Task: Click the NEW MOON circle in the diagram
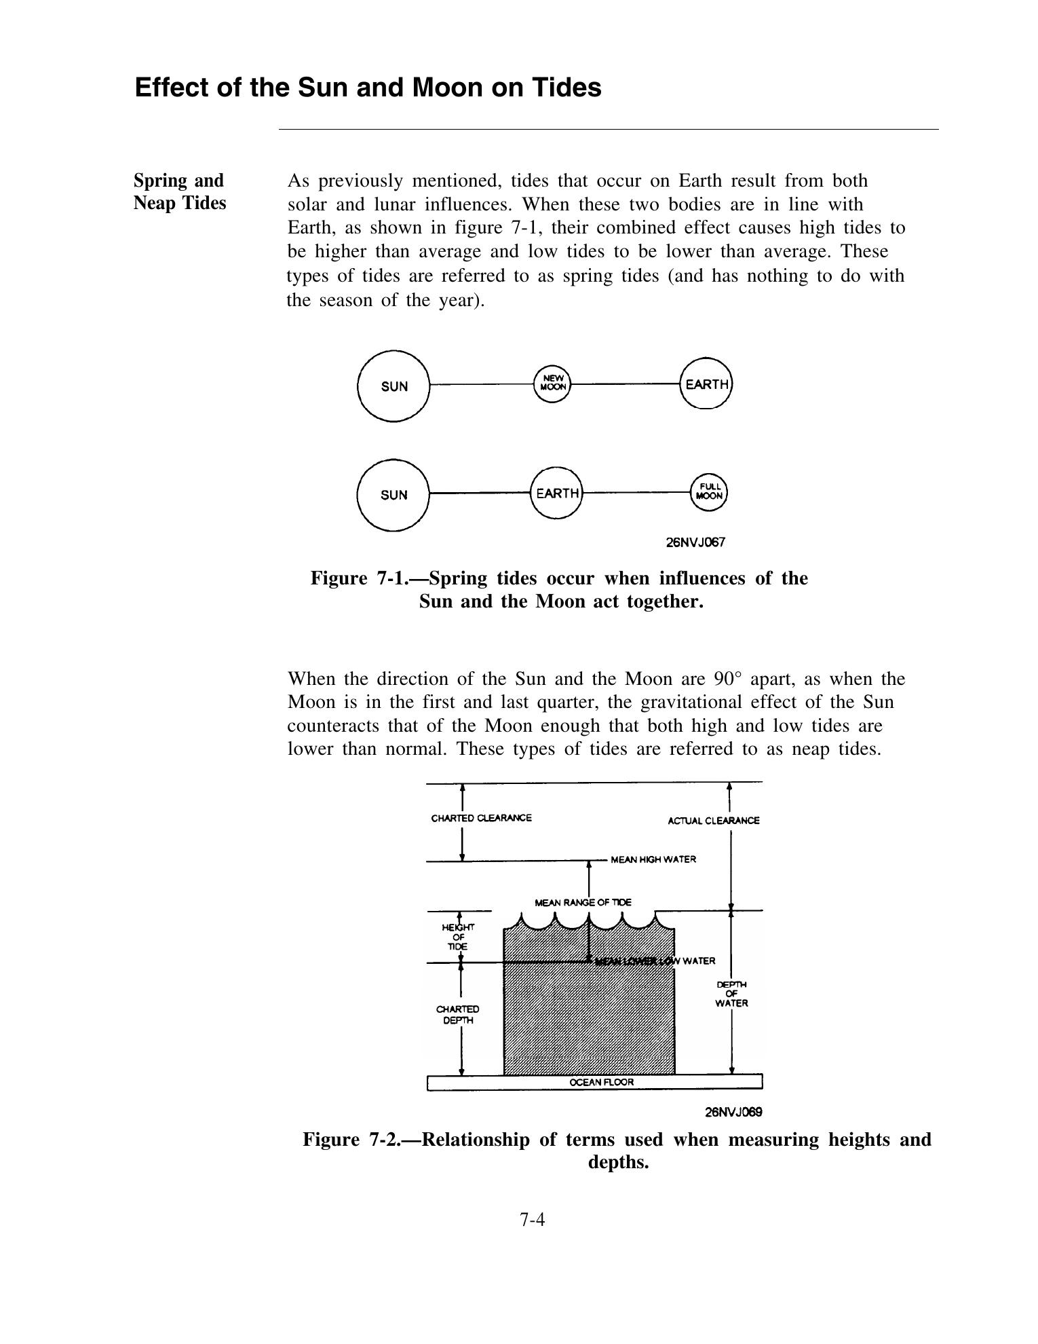(x=552, y=384)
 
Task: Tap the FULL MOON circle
(x=709, y=491)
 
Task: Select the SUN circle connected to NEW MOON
(x=393, y=386)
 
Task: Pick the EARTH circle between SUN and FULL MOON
(x=556, y=493)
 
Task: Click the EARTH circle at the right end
(x=706, y=384)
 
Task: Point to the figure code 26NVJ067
(x=695, y=542)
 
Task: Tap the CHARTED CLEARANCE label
(x=481, y=818)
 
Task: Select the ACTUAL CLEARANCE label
(x=713, y=821)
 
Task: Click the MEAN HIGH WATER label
(x=653, y=859)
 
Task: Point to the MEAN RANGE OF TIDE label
(x=583, y=902)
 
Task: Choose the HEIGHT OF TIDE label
(x=459, y=937)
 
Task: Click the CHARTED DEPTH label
(x=457, y=1015)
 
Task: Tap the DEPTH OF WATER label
(x=731, y=994)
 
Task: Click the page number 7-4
(x=533, y=1220)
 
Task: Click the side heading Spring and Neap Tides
(x=180, y=191)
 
